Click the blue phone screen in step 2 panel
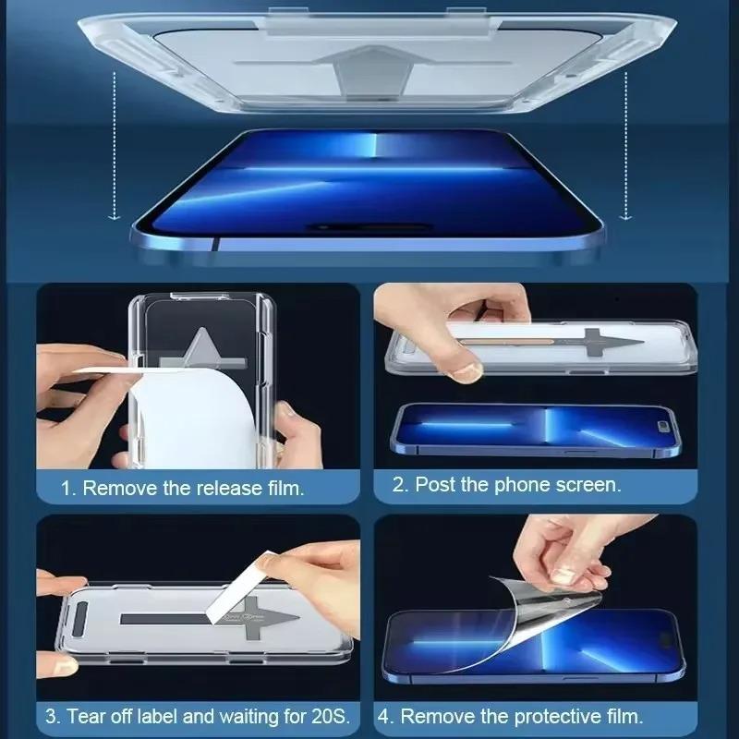(x=536, y=427)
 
